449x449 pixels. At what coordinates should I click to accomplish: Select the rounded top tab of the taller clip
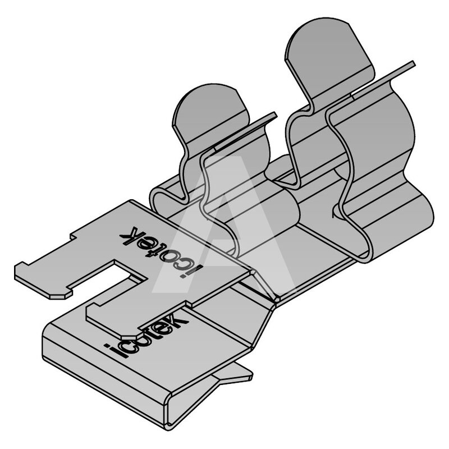point(329,57)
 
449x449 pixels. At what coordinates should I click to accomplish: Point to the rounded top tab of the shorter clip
point(212,112)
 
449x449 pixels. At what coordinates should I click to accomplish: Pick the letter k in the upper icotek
point(128,235)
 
